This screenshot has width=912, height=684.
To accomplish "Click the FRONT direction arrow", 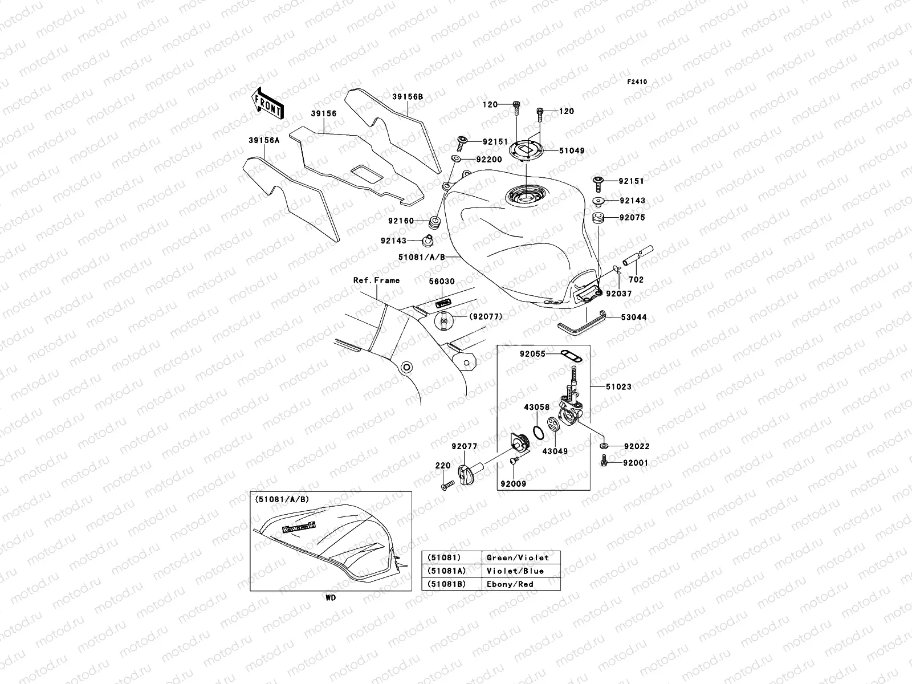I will tap(267, 103).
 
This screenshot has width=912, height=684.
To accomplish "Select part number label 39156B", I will tap(407, 97).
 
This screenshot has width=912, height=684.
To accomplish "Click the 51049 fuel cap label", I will tap(571, 151).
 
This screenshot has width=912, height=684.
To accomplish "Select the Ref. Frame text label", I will tap(376, 280).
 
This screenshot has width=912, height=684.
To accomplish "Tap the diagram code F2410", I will tap(637, 82).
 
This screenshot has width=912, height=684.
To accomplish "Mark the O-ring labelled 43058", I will tap(537, 429).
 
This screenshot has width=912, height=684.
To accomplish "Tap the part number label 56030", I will tap(442, 282).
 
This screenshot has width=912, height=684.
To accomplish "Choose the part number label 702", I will tap(636, 280).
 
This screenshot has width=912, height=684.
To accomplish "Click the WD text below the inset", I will tap(331, 598).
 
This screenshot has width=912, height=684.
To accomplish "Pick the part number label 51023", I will tap(619, 386).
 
